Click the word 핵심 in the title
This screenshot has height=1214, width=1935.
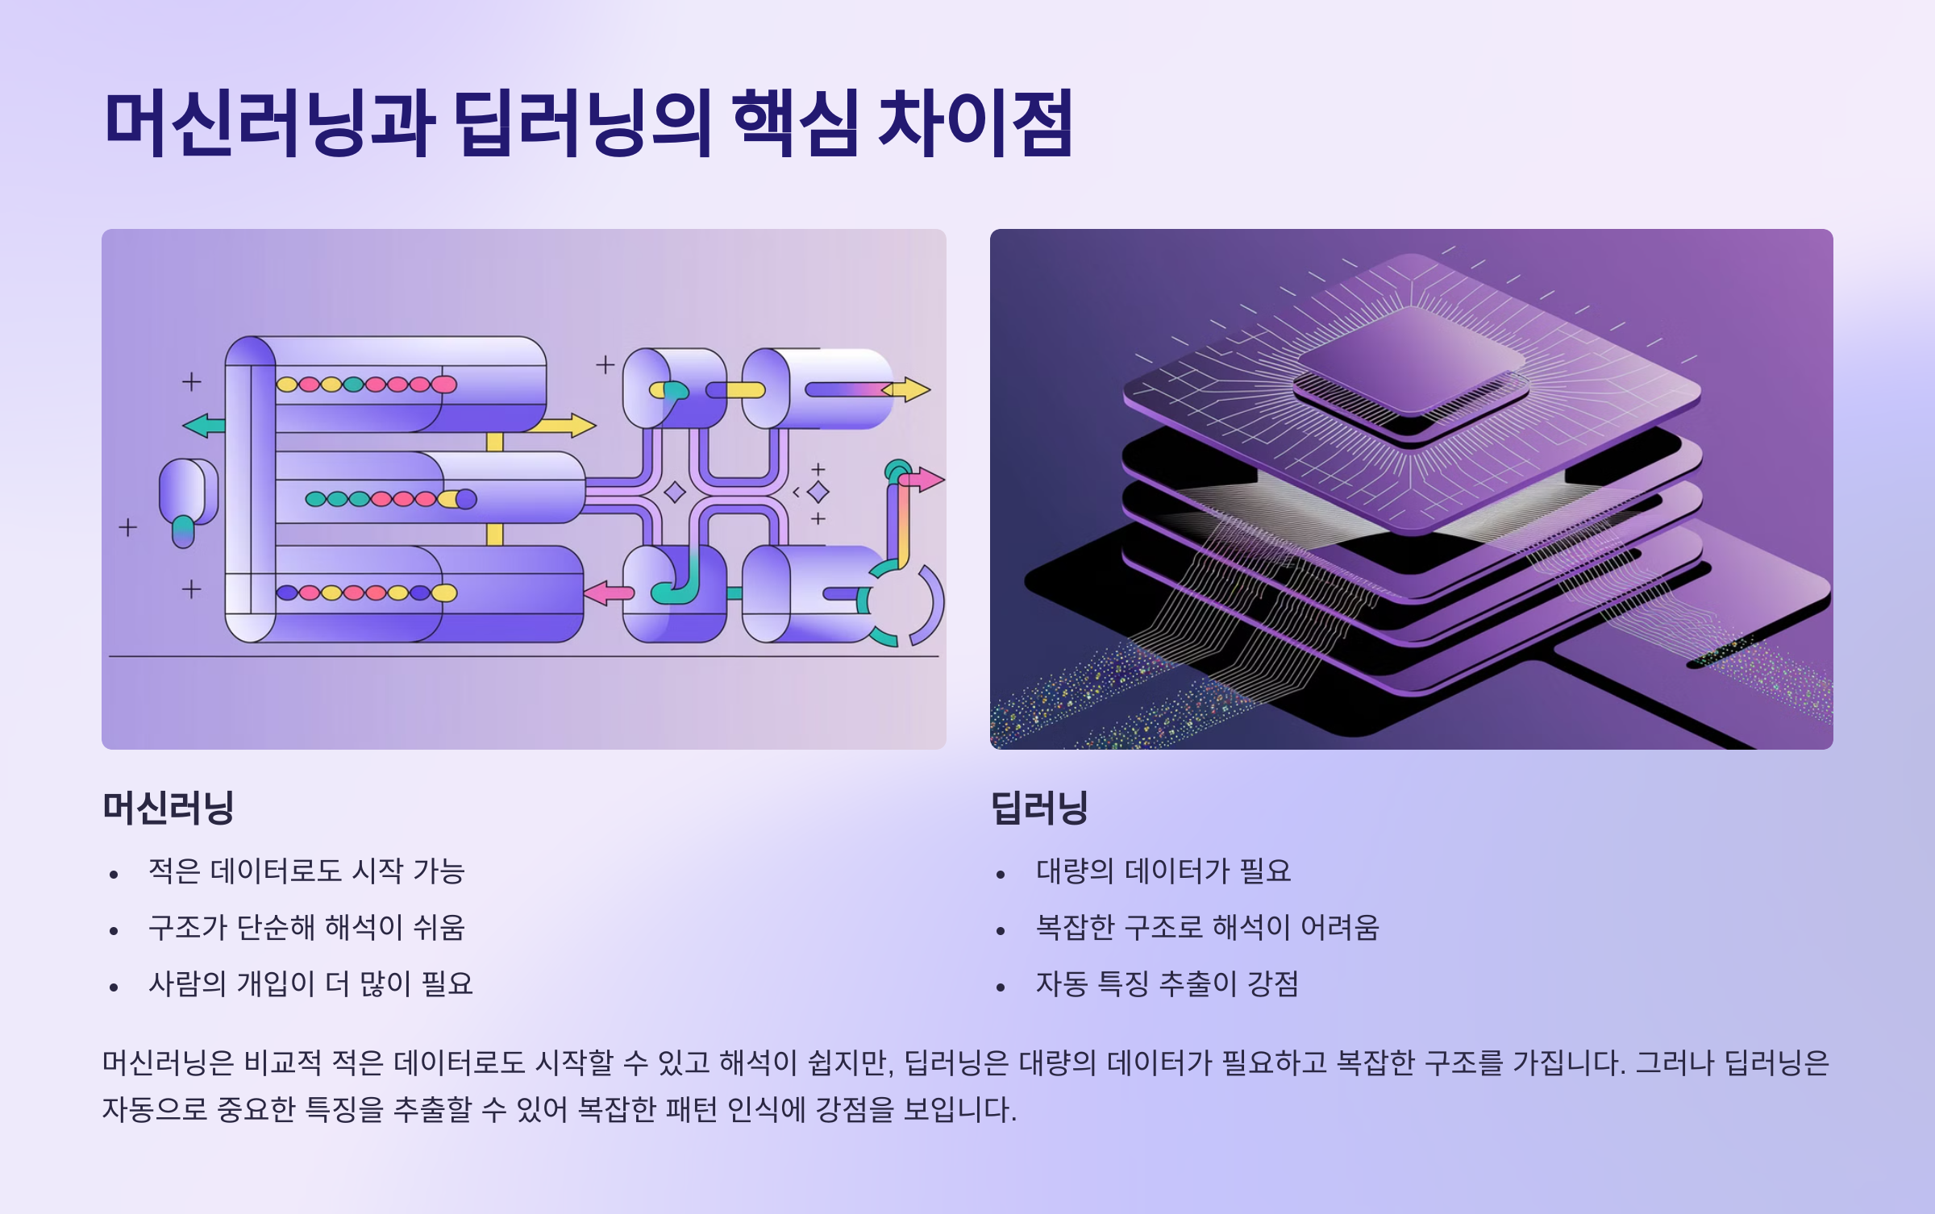tap(794, 123)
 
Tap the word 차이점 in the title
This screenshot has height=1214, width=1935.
tap(975, 123)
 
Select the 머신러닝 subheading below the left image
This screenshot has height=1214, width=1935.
tap(168, 807)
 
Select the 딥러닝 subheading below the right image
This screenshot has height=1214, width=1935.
tap(1039, 807)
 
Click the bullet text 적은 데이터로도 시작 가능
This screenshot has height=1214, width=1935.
tap(306, 871)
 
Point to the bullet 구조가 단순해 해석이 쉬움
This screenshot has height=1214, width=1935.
tap(306, 928)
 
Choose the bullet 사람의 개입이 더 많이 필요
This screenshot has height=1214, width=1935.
tap(310, 984)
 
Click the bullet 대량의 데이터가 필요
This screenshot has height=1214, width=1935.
tap(1163, 871)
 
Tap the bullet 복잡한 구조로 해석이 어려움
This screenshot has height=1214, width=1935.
tap(1207, 928)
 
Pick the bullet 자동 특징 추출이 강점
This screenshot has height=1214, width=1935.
tap(1167, 984)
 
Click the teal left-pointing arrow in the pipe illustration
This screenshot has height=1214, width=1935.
tap(204, 425)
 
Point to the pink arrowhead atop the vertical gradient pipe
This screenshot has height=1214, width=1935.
tap(924, 480)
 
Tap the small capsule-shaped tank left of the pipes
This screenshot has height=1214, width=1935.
tap(186, 492)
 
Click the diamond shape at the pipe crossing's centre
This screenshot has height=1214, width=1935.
tap(675, 492)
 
